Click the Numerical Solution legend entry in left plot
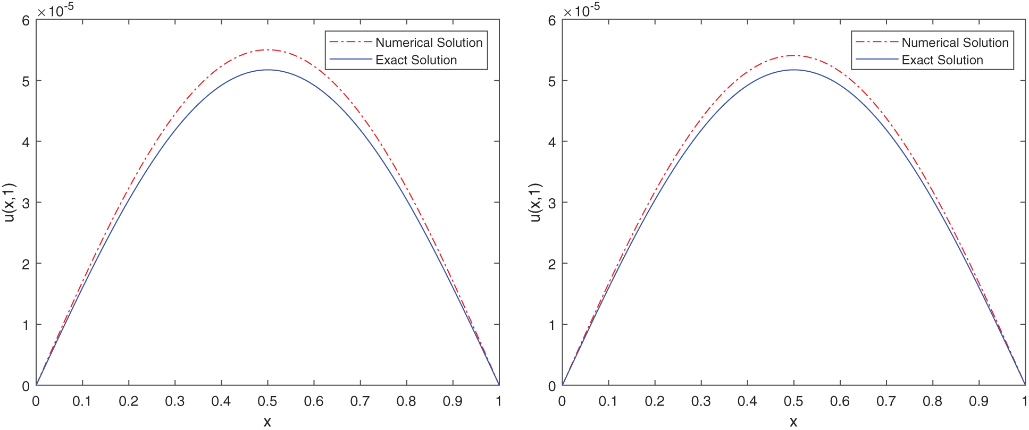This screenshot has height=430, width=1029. (429, 43)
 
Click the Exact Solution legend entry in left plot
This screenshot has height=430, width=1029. (416, 60)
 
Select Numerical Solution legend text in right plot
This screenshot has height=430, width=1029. (955, 43)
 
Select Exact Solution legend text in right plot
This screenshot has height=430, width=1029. (942, 60)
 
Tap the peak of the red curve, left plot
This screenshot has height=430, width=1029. (267, 50)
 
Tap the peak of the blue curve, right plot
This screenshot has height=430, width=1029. (793, 70)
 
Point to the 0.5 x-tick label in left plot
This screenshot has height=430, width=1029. (267, 401)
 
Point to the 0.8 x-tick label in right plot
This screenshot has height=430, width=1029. (932, 401)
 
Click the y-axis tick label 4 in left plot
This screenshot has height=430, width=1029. (26, 142)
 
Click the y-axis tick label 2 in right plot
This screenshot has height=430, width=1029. (551, 264)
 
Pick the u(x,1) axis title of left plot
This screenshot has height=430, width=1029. (9, 203)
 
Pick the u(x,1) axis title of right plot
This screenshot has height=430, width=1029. (535, 203)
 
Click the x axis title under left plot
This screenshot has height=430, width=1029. (267, 422)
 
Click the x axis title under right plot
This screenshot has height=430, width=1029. (793, 422)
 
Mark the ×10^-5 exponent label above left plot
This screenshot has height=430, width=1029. (55, 9)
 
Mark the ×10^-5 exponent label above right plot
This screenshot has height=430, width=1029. (581, 9)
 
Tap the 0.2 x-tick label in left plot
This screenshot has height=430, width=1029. (128, 401)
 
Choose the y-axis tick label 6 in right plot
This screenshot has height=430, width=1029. (551, 21)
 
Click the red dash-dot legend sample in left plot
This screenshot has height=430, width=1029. (350, 42)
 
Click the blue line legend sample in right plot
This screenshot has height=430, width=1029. (876, 60)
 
